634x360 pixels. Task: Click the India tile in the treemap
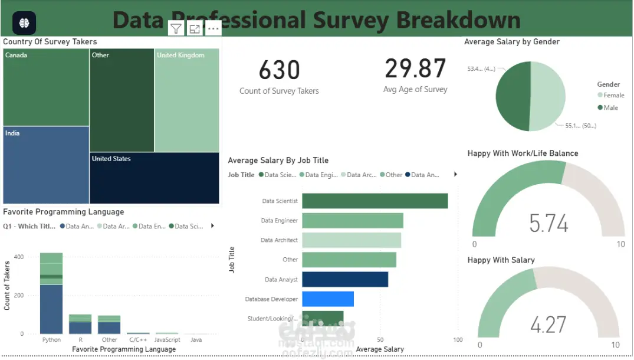click(46, 165)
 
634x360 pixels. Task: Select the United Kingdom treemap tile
click(186, 100)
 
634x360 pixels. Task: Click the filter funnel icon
click(176, 28)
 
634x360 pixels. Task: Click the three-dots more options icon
click(213, 28)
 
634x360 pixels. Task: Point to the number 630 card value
click(279, 70)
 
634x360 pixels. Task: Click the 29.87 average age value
click(415, 68)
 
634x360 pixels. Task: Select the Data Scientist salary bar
click(375, 201)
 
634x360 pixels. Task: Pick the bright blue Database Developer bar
click(328, 299)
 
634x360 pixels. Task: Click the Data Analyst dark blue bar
click(345, 279)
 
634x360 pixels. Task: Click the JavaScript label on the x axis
click(167, 340)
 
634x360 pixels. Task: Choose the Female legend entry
click(613, 95)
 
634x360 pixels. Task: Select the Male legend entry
click(610, 107)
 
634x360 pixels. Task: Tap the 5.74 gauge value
click(548, 224)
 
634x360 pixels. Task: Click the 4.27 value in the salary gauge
click(548, 325)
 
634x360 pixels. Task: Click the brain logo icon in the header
click(24, 22)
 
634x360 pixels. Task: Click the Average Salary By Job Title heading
click(278, 161)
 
